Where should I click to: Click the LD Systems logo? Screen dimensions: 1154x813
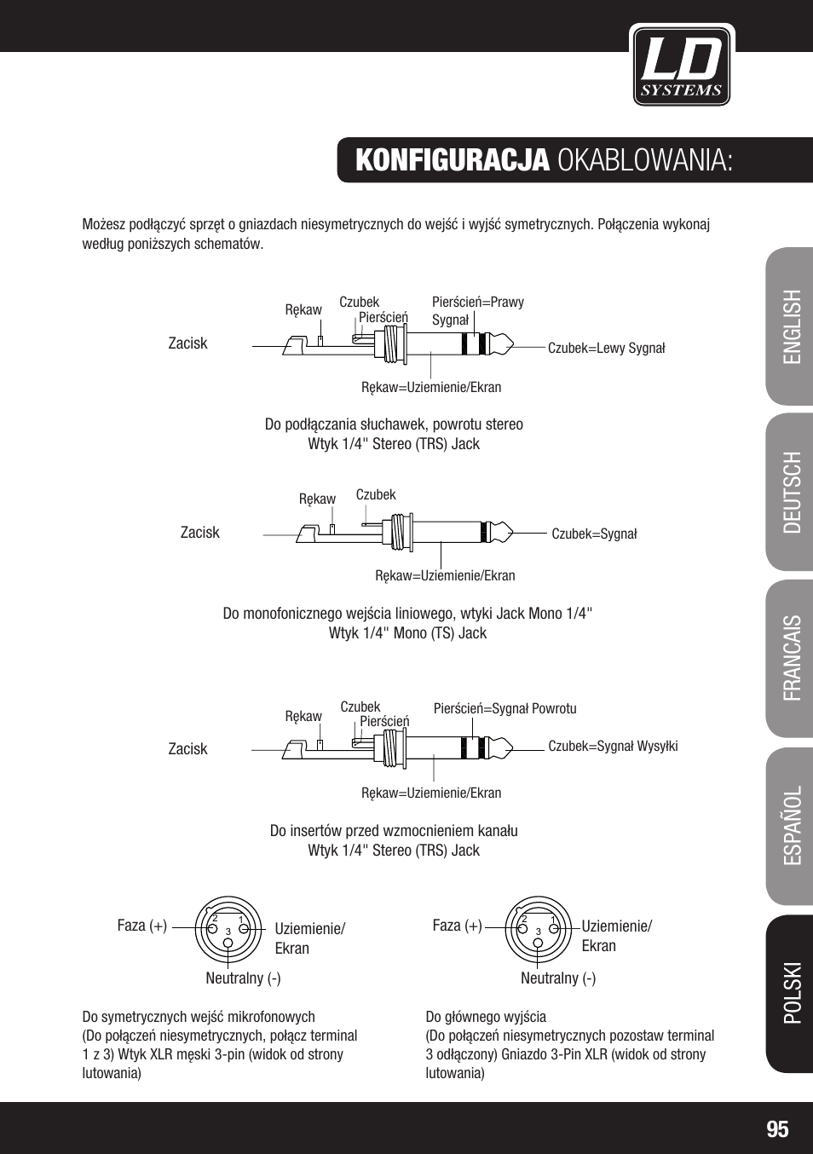[682, 66]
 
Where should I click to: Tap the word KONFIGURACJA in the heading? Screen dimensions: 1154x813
[452, 160]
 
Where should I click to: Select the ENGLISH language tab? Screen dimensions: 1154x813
[792, 326]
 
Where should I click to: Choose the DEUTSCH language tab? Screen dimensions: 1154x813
[792, 493]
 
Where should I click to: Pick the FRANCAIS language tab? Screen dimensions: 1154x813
[792, 658]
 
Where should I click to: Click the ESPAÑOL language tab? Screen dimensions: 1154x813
[792, 825]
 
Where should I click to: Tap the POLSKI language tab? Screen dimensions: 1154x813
[792, 993]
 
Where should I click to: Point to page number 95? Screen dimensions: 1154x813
[777, 1129]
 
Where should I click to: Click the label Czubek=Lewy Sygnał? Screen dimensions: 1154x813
[606, 348]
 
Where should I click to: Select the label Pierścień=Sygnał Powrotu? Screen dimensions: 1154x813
[505, 708]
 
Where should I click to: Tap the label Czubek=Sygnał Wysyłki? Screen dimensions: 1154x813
[613, 746]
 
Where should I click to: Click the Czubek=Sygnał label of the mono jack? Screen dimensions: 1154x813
[594, 534]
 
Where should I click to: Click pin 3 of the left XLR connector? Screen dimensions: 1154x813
[228, 932]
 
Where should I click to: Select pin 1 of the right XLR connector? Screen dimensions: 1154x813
[553, 919]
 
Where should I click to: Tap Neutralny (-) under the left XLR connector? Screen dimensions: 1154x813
[243, 978]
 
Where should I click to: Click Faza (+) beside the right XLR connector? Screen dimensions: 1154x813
[457, 926]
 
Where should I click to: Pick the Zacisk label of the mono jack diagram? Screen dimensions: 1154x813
[199, 533]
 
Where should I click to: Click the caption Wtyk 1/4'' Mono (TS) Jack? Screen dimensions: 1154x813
[407, 633]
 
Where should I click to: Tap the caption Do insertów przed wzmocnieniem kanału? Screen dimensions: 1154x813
[394, 831]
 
